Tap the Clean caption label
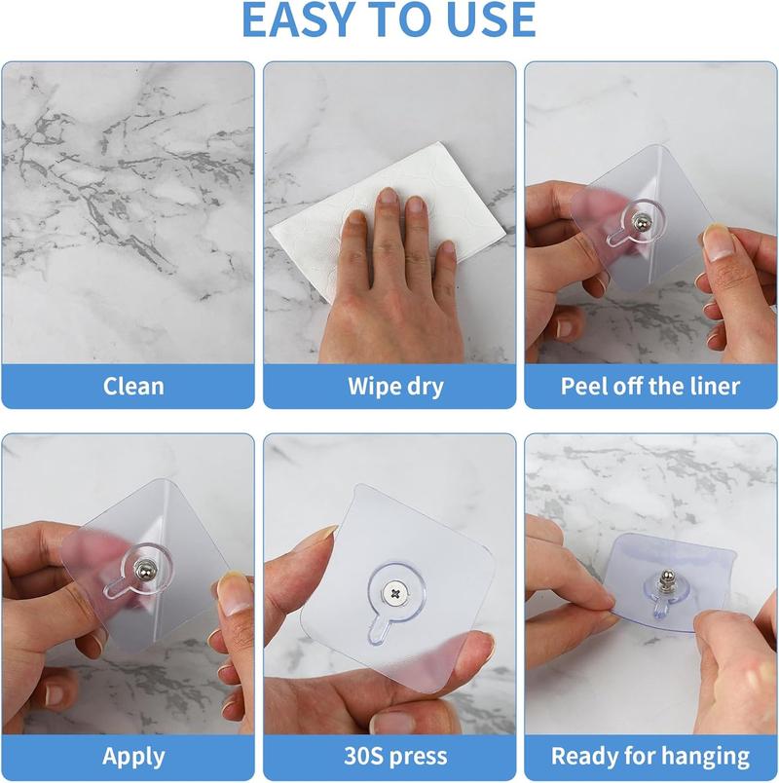(x=133, y=386)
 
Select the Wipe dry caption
(x=395, y=386)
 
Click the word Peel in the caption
(x=583, y=386)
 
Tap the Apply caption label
(x=133, y=756)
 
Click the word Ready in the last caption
(x=584, y=756)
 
